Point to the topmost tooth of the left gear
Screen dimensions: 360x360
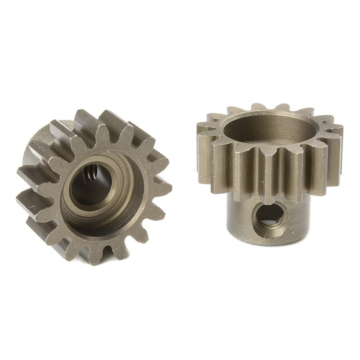point(108,118)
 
